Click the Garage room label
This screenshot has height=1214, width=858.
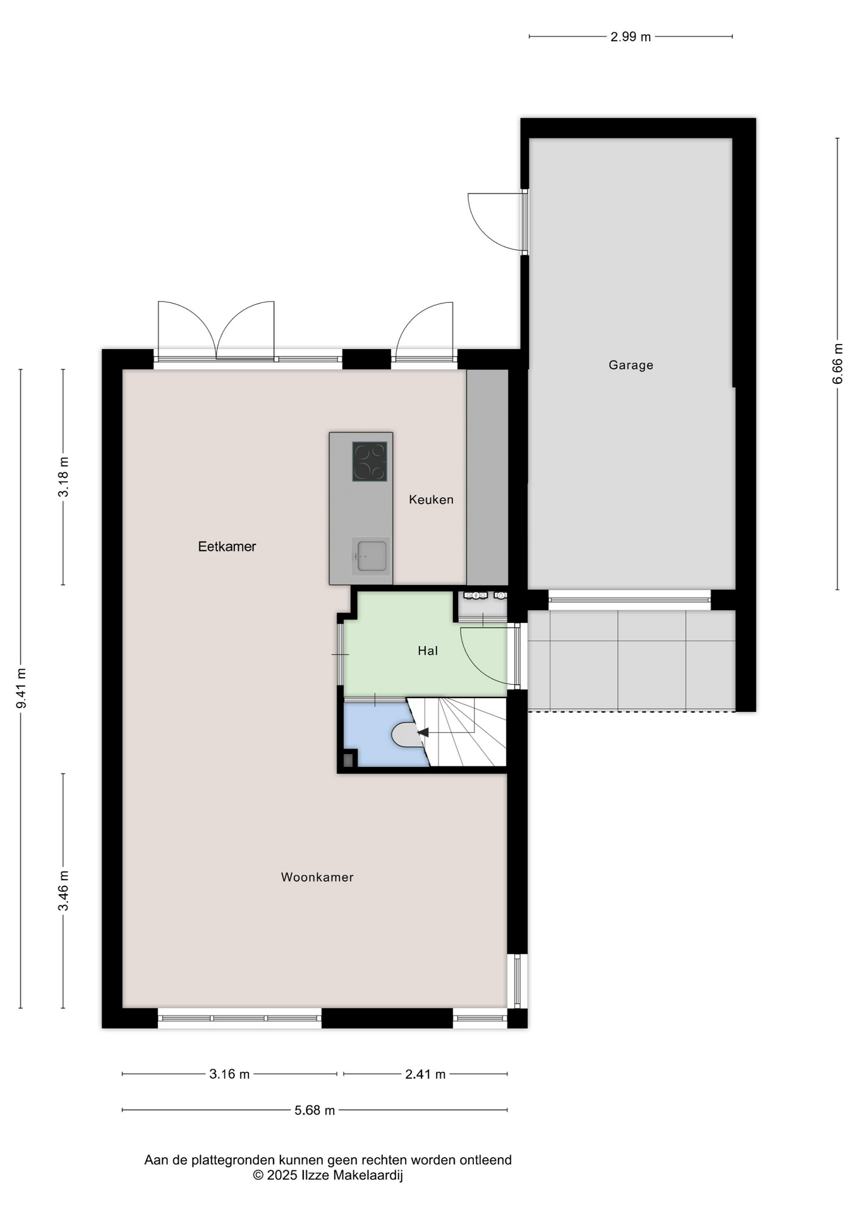[631, 365]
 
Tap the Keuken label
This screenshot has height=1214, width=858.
[431, 500]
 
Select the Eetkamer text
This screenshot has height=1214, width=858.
[227, 546]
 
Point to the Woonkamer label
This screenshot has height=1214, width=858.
[317, 877]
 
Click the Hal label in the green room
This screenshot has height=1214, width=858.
[428, 651]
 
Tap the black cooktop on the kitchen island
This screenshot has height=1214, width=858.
[370, 461]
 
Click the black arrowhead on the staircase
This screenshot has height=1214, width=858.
[423, 732]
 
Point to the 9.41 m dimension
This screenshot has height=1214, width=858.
[21, 688]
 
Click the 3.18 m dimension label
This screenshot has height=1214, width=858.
[63, 477]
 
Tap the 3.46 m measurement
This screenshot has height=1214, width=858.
[63, 891]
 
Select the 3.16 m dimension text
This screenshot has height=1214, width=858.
[229, 1074]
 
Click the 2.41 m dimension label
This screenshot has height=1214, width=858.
[425, 1074]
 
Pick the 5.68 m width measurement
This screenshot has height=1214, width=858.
[315, 1110]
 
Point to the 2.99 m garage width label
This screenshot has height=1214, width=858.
[631, 37]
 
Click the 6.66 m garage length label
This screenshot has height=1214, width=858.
[838, 363]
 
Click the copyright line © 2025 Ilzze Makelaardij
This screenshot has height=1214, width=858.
[328, 1175]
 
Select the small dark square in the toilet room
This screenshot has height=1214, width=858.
[347, 760]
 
